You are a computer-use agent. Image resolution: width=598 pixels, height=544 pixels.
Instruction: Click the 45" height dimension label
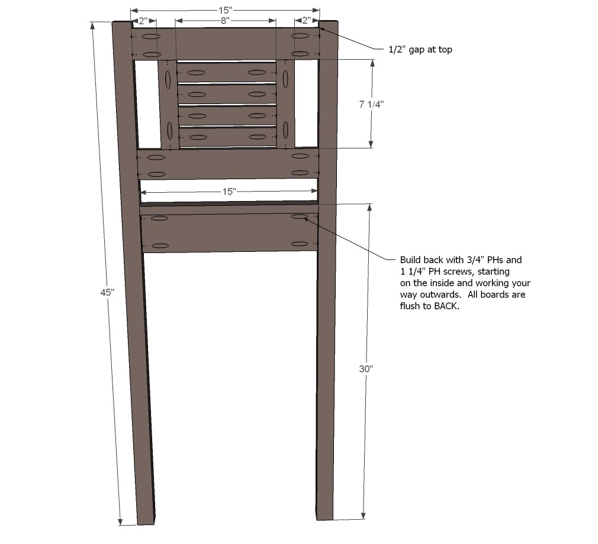tap(107, 292)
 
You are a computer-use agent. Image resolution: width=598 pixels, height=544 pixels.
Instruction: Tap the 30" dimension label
tap(366, 369)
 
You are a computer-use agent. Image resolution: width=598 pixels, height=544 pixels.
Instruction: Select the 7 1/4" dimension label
tap(371, 104)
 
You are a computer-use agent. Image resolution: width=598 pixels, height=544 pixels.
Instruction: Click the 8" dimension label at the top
tap(225, 20)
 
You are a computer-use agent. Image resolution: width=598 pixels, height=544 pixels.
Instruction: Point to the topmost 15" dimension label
tap(225, 10)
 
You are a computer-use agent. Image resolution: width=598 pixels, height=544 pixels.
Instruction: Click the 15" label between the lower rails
tap(229, 191)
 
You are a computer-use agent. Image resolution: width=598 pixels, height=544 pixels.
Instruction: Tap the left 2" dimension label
tap(143, 21)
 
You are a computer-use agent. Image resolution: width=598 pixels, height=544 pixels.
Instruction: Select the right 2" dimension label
tap(307, 20)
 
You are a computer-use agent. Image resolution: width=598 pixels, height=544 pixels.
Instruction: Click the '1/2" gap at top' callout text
tap(420, 50)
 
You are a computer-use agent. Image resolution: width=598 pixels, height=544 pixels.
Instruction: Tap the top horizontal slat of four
tap(227, 72)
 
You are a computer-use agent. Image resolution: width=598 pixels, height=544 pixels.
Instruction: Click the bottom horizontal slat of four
tap(228, 137)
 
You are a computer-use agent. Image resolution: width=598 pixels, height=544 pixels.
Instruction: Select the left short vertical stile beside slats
tap(168, 105)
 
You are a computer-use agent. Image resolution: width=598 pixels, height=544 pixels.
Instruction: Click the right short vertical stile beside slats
tap(285, 103)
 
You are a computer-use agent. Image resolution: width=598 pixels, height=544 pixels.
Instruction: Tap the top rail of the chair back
tap(226, 43)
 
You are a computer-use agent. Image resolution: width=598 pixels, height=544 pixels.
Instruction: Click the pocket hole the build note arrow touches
tap(300, 217)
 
